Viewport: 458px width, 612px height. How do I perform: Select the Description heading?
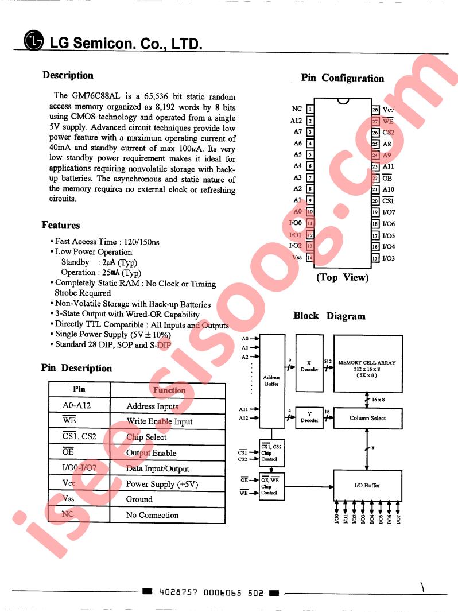pos(68,75)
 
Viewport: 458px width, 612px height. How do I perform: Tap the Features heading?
pos(61,225)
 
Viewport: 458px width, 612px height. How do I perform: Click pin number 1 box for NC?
pos(310,109)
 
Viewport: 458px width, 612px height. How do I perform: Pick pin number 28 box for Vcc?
pos(375,110)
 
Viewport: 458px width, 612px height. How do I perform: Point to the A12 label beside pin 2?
pos(296,121)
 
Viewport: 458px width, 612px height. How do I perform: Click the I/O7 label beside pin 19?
pos(389,212)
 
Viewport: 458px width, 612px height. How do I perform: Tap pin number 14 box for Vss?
pos(310,258)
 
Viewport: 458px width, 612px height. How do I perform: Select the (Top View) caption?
pos(343,278)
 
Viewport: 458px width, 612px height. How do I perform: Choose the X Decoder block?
pos(309,366)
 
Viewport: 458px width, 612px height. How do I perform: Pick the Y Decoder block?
pos(309,417)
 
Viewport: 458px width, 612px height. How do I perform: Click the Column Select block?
pos(367,418)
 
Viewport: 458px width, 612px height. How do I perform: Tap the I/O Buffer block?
pos(367,485)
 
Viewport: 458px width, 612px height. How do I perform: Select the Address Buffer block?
pos(271,380)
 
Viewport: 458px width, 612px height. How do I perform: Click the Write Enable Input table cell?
pos(160,421)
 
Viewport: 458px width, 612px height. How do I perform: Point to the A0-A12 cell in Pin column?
pos(77,406)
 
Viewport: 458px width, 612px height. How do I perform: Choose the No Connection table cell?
pos(152,515)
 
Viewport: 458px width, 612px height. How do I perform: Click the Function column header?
pos(169,390)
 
